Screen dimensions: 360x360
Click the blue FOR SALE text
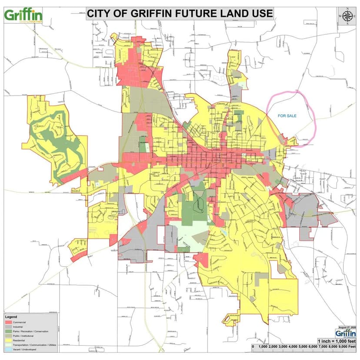[x=287, y=116]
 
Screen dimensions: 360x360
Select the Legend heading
[x=11, y=317]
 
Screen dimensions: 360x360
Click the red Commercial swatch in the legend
[x=8, y=322]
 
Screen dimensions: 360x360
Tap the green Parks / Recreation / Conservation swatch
[x=8, y=331]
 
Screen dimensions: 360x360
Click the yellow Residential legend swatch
[x=8, y=340]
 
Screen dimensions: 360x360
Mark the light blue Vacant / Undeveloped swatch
[x=8, y=350]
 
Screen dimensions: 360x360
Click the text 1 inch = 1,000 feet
[x=337, y=341]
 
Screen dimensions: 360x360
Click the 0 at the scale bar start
[x=253, y=348]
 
